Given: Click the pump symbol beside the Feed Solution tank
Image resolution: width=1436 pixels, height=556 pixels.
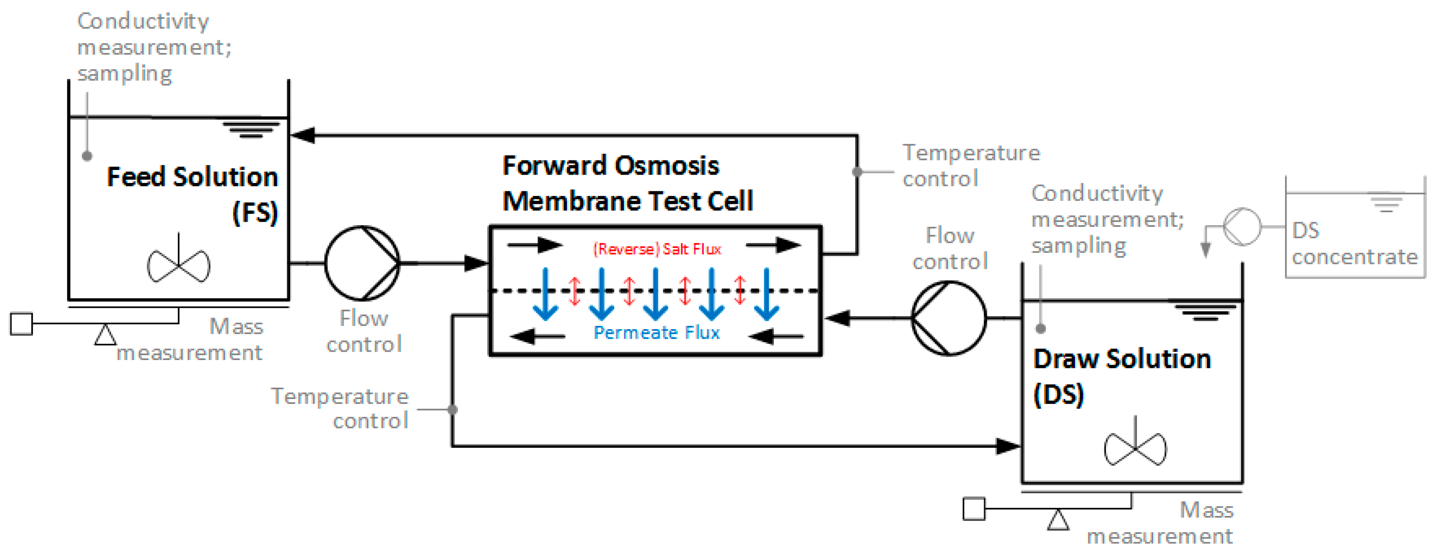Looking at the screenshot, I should coord(362,263).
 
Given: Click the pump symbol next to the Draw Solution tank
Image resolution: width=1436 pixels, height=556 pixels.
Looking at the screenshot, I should coord(948,318).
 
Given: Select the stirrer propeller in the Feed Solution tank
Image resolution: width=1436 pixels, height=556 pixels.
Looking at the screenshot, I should coord(178,264).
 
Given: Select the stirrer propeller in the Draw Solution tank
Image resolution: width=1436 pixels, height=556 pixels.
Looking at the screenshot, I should coord(1135,448).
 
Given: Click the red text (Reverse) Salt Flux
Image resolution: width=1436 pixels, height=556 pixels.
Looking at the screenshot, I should coord(657,249).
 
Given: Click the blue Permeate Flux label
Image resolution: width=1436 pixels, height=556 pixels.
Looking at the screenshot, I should coord(657,333).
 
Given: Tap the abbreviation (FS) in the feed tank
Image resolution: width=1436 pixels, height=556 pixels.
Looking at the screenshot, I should coord(255,212).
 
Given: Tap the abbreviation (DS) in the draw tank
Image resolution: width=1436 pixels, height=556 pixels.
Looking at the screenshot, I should coord(1058,394).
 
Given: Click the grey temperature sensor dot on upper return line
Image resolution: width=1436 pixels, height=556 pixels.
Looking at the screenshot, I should coord(857,172).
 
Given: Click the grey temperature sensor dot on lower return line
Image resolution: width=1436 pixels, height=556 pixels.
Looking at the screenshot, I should coord(452,409).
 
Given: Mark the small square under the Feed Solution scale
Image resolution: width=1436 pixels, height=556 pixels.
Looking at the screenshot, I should coord(22,324).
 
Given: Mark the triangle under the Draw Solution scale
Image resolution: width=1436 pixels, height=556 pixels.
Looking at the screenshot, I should coord(1057,520).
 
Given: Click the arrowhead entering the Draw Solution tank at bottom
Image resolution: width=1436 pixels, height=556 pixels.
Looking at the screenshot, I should coord(1008,446).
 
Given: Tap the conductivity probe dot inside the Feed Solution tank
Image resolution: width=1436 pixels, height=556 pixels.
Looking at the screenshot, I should coord(87,156).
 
